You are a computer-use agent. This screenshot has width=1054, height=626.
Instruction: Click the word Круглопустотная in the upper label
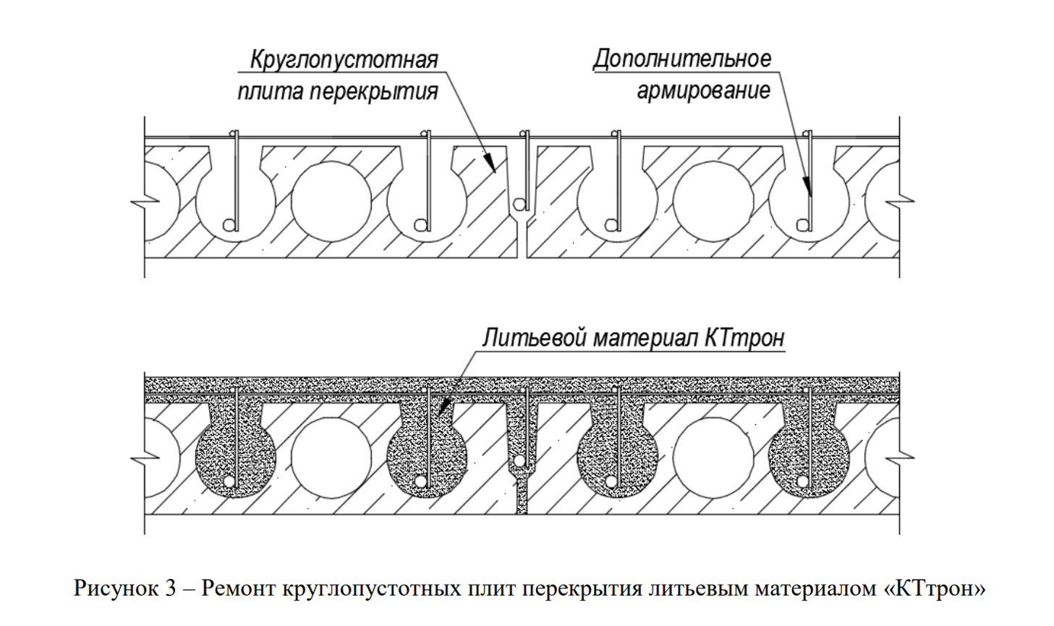(x=344, y=60)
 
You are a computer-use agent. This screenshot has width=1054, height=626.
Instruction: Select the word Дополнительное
(x=682, y=59)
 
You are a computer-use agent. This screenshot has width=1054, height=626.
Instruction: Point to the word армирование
(x=704, y=91)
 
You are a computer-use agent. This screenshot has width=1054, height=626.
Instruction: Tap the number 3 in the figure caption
(x=170, y=588)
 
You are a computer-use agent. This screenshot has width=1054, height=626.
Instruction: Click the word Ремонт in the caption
(x=239, y=588)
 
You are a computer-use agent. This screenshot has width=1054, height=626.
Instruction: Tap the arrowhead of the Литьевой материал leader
(x=444, y=407)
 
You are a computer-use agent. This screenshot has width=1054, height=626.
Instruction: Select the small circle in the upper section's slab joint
(x=519, y=204)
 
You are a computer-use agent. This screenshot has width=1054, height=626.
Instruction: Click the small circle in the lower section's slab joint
(x=519, y=460)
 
